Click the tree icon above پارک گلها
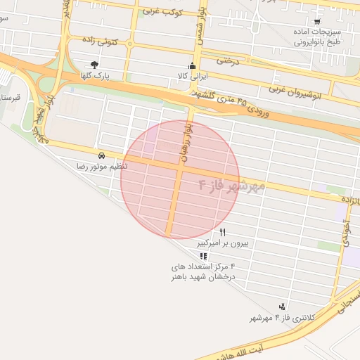[x=94, y=64]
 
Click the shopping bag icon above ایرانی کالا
[x=192, y=65]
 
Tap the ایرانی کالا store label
[x=192, y=75]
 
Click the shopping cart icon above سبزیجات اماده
[x=317, y=22]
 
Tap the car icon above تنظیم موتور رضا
[x=102, y=155]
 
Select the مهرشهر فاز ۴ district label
[x=232, y=186]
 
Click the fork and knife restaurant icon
[x=223, y=233]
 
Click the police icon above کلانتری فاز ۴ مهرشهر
[x=282, y=307]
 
